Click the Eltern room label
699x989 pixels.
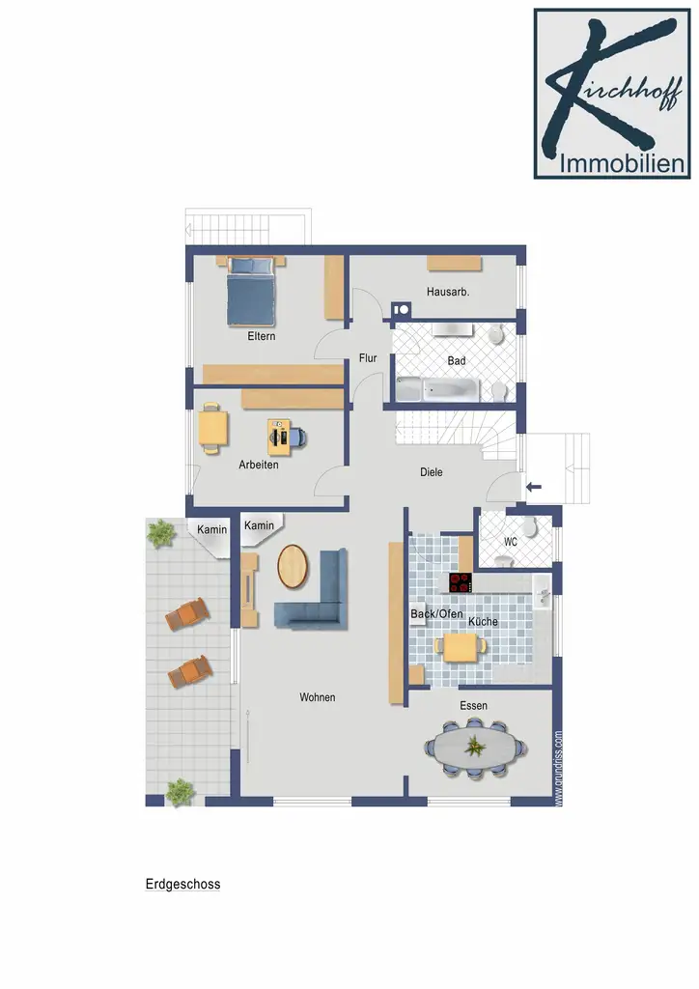point(261,336)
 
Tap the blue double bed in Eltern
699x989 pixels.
point(251,291)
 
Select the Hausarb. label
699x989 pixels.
point(448,292)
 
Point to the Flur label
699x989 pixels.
point(368,357)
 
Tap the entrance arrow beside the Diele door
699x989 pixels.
point(534,487)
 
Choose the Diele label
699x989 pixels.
point(432,471)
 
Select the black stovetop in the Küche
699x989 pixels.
point(461,582)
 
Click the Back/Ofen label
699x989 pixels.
point(436,613)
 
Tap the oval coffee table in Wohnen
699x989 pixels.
point(294,566)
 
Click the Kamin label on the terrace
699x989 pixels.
point(211,529)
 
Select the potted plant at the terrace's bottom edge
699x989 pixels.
point(180,792)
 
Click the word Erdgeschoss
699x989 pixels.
point(182,885)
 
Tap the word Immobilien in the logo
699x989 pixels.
point(622,164)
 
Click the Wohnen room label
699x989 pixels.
point(317,697)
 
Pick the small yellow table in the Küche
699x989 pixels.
point(461,647)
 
